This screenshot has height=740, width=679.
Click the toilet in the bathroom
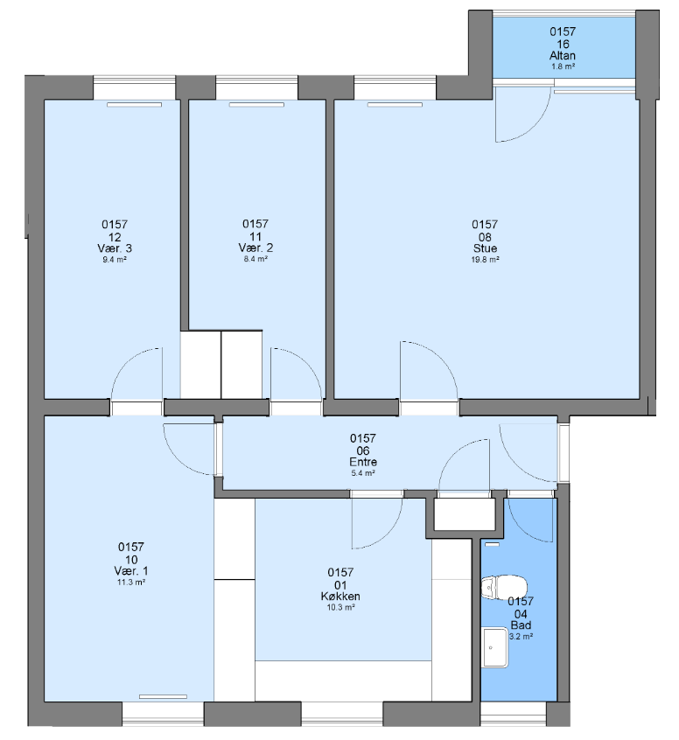pyautogui.click(x=504, y=587)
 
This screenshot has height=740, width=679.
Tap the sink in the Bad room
pyautogui.click(x=495, y=647)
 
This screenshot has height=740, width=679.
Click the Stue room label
pyautogui.click(x=485, y=248)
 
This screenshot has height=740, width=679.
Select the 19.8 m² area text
pyautogui.click(x=486, y=260)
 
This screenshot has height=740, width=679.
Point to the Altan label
pyautogui.click(x=563, y=56)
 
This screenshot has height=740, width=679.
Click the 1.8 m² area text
pyautogui.click(x=563, y=66)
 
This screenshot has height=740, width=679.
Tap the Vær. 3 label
pyautogui.click(x=115, y=248)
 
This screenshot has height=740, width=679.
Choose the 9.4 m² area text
pyautogui.click(x=115, y=260)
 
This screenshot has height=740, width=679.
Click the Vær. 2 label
pyautogui.click(x=255, y=248)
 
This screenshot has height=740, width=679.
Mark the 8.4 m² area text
pyautogui.click(x=255, y=259)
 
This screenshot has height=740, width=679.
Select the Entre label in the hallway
pyautogui.click(x=363, y=462)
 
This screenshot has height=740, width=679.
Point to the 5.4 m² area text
pyautogui.click(x=363, y=473)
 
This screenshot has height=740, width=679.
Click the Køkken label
pyautogui.click(x=340, y=596)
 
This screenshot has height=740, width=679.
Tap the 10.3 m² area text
pyautogui.click(x=341, y=607)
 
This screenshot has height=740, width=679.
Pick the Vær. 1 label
pyautogui.click(x=130, y=571)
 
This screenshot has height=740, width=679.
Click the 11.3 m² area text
pyautogui.click(x=131, y=583)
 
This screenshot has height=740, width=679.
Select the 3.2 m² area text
pyautogui.click(x=521, y=636)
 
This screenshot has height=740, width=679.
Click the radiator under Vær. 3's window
pyautogui.click(x=135, y=105)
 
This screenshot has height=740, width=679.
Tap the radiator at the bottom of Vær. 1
pyautogui.click(x=164, y=696)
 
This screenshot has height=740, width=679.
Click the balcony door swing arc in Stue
pyautogui.click(x=534, y=128)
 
